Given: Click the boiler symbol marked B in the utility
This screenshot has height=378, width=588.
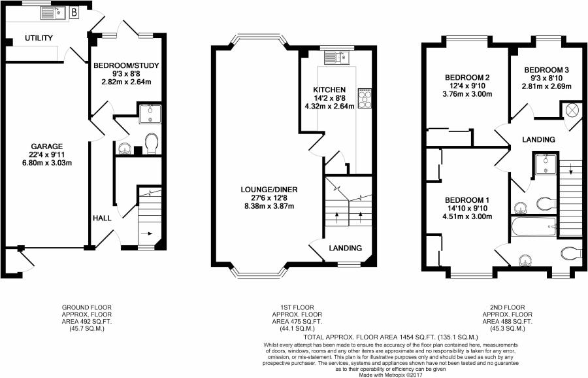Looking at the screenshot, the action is pos(74,13).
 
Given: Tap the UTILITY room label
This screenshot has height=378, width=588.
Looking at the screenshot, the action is pos(39,38).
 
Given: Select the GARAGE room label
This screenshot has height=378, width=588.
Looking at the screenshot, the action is pos(47,146).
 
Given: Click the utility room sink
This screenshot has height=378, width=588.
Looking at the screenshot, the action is pos(53,14).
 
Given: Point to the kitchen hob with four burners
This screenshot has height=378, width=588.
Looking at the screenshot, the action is pos(365,99).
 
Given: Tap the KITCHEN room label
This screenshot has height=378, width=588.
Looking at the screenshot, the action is pos(329,90).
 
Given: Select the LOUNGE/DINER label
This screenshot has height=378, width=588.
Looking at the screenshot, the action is pos(269,190).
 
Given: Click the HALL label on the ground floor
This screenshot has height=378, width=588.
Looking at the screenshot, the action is pos(102,218).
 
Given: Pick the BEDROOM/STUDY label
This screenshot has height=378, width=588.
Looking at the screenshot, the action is pos(126,65).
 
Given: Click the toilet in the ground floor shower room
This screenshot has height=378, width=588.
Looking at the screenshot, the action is pos(152,143).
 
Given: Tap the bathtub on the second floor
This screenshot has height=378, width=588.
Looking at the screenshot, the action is pos(534,226).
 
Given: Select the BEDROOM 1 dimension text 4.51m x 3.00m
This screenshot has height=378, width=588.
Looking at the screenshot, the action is pos(467,216).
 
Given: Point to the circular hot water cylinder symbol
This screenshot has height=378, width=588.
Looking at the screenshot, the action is pos(572,111).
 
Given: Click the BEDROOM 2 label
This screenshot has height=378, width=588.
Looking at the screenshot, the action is pos(467,78).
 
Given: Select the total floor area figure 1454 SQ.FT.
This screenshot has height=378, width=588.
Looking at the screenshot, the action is pos(391,337).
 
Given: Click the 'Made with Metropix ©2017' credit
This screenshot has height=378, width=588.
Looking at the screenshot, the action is pos(391,375).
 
